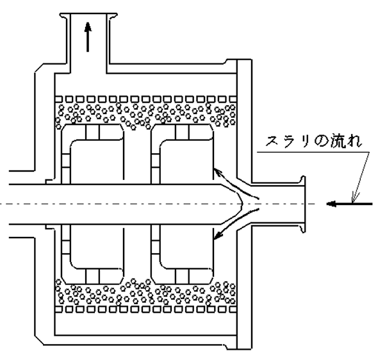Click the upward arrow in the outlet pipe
coord(88,37)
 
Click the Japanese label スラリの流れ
coord(314,141)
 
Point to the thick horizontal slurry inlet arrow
coord(349,204)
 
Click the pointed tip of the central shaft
coord(242,204)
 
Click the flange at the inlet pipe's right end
coord(303,204)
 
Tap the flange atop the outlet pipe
coord(88,15)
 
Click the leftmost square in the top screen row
coord(58,99)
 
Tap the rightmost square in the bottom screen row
coord(233,309)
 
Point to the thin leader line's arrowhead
coord(354,197)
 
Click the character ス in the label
coord(272,141)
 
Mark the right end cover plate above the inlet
coord(245,120)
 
